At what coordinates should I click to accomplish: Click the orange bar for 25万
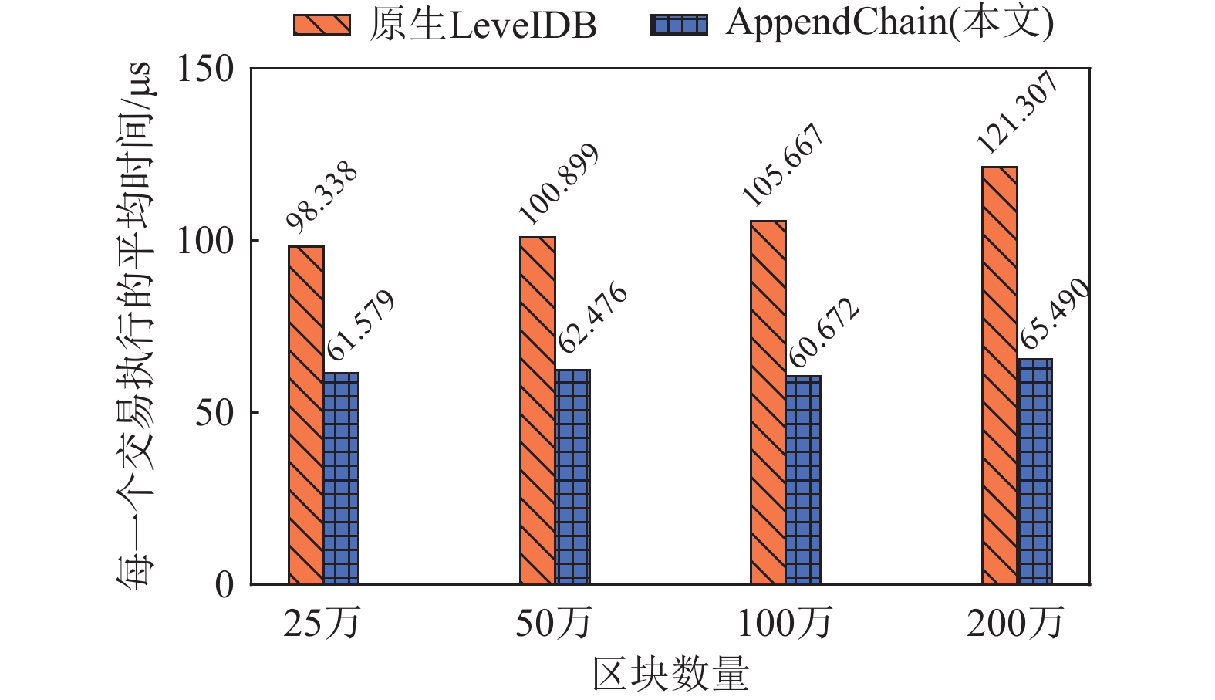pos(306,415)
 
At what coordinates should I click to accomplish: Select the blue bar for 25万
pos(341,479)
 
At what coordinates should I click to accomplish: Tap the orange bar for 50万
pos(538,411)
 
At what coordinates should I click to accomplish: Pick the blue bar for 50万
pos(572,477)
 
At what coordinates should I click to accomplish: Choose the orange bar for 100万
pos(768,402)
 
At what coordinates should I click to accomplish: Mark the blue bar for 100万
pos(803,480)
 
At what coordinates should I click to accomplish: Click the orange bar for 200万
pos(1000,375)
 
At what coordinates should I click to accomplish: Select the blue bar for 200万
pos(1035,472)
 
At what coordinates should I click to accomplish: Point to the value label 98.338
pos(322,197)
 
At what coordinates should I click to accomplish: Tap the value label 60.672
pos(824,333)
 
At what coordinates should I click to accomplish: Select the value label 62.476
pos(592,320)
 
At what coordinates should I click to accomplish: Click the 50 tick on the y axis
pos(214,413)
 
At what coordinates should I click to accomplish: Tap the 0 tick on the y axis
pos(224,585)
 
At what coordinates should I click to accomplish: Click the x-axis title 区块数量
pos(670,674)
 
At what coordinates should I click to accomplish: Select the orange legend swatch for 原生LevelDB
pos(322,25)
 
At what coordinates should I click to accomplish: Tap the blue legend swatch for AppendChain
pos(679,25)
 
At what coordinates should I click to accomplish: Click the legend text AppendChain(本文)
pos(889,23)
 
